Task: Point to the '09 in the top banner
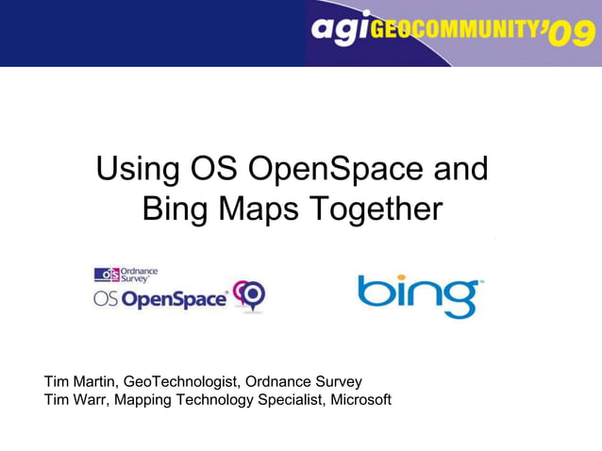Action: tap(570, 35)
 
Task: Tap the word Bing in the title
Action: tap(174, 209)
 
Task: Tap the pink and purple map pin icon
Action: tap(250, 295)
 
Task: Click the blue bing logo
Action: tap(420, 295)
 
